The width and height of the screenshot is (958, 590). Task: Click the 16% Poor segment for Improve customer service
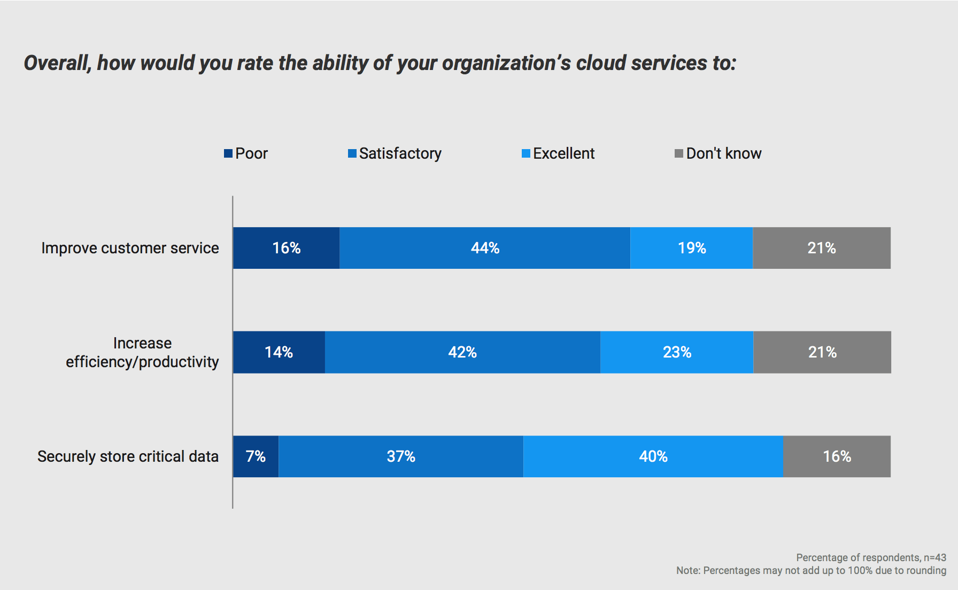(x=286, y=248)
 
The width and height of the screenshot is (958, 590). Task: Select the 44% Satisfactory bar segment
(x=485, y=248)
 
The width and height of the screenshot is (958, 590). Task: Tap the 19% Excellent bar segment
(x=692, y=248)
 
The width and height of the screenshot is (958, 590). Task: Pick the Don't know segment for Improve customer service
(x=822, y=248)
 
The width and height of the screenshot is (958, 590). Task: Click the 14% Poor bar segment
(x=279, y=352)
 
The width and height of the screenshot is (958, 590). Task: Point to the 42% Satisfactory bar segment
(x=462, y=352)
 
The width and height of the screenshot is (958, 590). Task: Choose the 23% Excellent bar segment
(x=677, y=352)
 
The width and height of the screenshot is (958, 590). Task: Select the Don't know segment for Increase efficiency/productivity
(x=822, y=352)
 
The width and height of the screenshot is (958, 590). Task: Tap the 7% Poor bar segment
(x=256, y=456)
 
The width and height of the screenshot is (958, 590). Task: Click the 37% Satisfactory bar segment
(x=401, y=456)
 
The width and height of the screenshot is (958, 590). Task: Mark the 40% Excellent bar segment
(x=653, y=456)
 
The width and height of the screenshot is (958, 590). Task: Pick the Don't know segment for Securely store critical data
(x=837, y=456)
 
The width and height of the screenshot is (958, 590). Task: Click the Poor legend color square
(x=228, y=153)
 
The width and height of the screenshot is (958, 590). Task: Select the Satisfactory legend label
(x=400, y=153)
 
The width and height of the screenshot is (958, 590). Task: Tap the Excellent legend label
(x=563, y=153)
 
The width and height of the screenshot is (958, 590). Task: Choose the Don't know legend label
(x=723, y=153)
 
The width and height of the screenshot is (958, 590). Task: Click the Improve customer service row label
(x=130, y=248)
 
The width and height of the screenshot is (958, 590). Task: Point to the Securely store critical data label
(x=128, y=456)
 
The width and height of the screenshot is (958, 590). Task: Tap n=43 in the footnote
(x=934, y=557)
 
